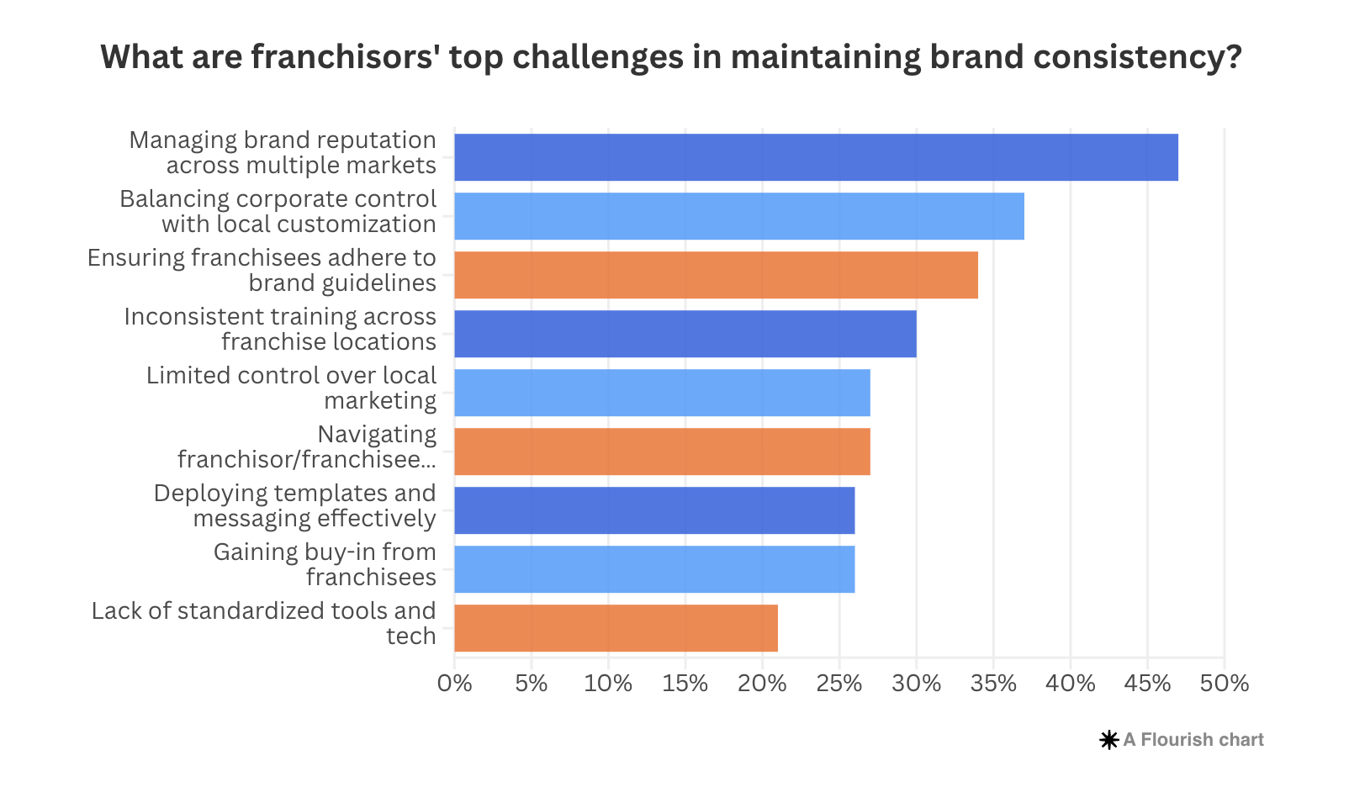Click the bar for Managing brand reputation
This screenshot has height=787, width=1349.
click(816, 157)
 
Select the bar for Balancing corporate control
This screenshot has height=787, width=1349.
click(738, 216)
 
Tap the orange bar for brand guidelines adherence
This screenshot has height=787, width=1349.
click(716, 275)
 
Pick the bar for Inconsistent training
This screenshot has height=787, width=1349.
click(685, 334)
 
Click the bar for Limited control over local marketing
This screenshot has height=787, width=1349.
click(662, 393)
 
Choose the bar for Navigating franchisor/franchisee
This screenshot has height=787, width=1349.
click(662, 452)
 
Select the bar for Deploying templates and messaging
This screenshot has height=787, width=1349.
click(654, 510)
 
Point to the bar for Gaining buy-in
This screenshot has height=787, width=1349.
click(654, 569)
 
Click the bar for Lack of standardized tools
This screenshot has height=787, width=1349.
click(616, 628)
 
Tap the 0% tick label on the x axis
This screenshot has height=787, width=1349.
click(455, 684)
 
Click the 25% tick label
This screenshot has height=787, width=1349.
click(839, 684)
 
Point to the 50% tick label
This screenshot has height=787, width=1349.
click(1225, 684)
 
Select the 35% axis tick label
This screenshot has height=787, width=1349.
click(993, 684)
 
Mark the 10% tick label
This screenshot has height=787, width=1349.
click(608, 684)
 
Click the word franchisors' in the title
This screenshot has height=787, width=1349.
click(346, 57)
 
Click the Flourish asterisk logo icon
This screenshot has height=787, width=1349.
click(1109, 740)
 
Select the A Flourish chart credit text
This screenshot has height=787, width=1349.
click(1193, 740)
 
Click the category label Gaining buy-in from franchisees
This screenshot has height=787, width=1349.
click(325, 565)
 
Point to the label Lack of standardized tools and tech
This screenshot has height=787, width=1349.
click(264, 623)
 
